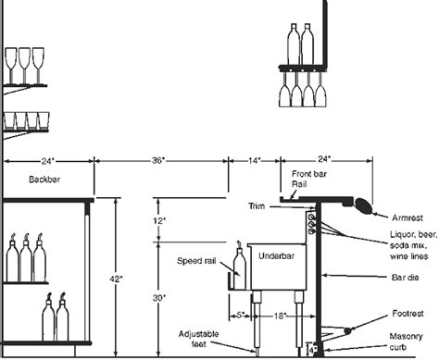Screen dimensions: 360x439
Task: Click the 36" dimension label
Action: pos(157,160)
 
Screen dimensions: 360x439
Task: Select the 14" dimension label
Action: pos(254,160)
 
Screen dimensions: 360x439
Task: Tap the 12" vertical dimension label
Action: pos(159,220)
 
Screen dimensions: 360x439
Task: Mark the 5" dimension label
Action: pos(240,316)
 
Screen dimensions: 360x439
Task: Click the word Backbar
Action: pos(45,179)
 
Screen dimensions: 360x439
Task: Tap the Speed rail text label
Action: pos(196,261)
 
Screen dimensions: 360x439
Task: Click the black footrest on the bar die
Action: pos(347,330)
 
